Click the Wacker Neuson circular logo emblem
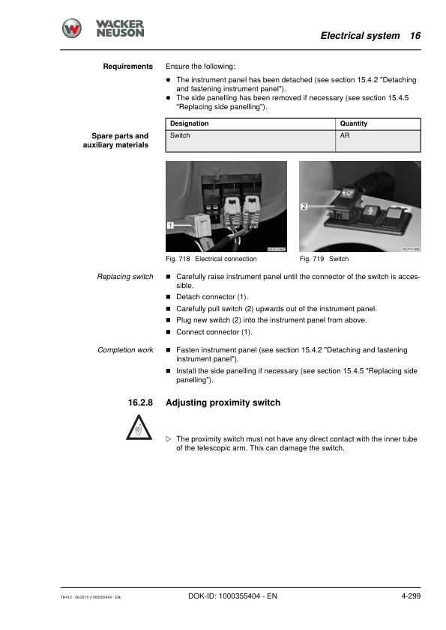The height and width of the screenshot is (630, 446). point(72,28)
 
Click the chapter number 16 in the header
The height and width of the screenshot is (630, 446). point(415,36)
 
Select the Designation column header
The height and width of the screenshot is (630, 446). point(189,123)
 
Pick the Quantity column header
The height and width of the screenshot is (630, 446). point(354,123)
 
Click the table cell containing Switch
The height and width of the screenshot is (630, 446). point(180,135)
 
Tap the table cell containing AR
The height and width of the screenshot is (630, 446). point(345,135)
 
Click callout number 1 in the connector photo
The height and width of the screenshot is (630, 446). point(172,224)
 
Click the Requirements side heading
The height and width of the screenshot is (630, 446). point(127,67)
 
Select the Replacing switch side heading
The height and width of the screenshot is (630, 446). point(125,277)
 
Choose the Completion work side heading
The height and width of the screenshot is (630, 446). point(125,349)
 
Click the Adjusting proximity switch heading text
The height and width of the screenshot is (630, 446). point(223,403)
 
